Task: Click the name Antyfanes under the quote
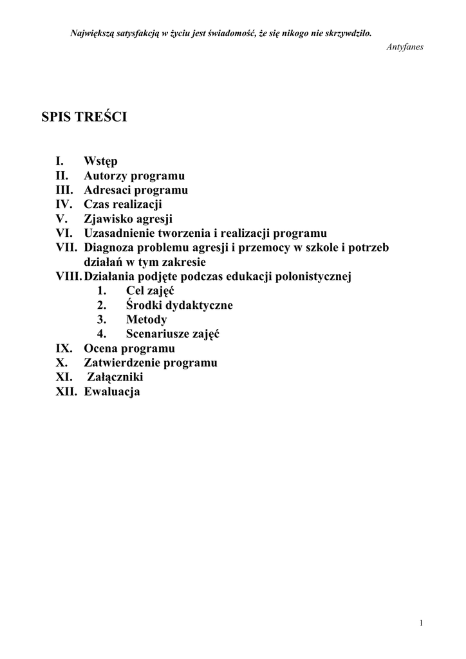coord(405,47)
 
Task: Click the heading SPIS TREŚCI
coord(84,117)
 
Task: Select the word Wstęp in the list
coord(100,161)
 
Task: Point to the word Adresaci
coord(107,190)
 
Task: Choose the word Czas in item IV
coord(97,205)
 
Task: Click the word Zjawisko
coord(109,219)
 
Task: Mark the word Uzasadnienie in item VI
coord(122,233)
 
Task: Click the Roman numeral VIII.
coord(70,277)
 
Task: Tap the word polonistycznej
coord(310,277)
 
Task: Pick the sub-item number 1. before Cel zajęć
coord(101,291)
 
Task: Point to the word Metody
coord(147,320)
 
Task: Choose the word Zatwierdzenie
coord(122,363)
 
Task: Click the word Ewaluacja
coord(112,391)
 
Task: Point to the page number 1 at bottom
coord(420,622)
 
